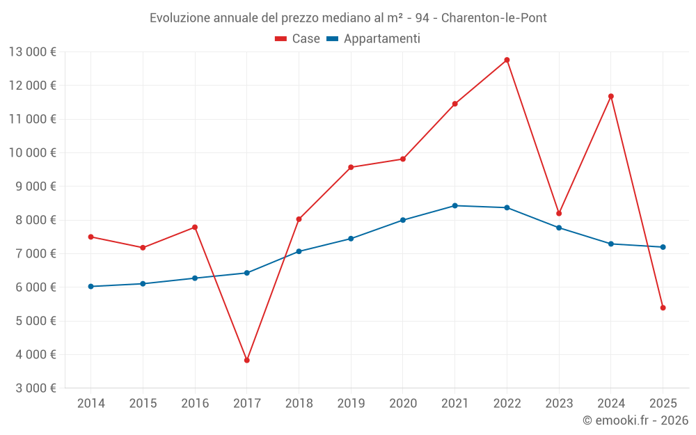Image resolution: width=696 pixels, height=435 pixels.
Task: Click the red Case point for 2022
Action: (507, 60)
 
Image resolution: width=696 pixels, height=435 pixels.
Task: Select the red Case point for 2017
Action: (247, 361)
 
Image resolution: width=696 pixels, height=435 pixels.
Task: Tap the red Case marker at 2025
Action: (663, 308)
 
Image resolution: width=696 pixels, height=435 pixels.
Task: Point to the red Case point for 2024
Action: (611, 96)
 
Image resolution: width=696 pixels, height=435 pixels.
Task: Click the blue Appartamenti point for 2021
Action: (454, 205)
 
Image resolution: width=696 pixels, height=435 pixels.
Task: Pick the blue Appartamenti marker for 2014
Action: (91, 286)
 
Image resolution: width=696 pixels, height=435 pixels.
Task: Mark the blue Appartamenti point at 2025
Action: (663, 247)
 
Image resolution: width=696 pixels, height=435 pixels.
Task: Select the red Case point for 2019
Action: (351, 167)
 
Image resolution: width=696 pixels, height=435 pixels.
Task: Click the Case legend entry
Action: (298, 39)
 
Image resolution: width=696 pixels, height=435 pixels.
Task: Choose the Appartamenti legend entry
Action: (374, 39)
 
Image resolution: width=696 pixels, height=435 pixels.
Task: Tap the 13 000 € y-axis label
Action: (33, 52)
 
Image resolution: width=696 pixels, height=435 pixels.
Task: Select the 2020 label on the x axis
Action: (403, 404)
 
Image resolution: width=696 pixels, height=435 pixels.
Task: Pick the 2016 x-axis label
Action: (195, 404)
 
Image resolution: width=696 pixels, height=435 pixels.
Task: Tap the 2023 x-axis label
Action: (559, 404)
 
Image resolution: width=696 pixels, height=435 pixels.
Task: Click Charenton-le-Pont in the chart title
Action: (494, 18)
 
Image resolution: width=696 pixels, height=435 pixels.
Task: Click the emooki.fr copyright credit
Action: (635, 420)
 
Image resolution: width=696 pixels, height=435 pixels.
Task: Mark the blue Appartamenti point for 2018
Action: (299, 251)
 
